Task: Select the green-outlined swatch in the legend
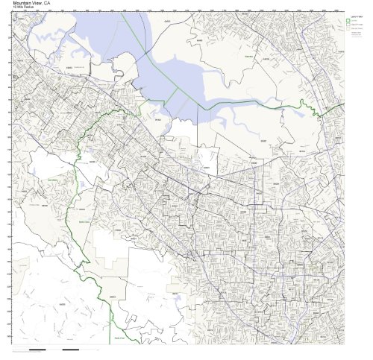pyautogui.click(x=349, y=21)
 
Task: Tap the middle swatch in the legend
pyautogui.click(x=349, y=27)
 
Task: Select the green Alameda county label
pyautogui.click(x=246, y=54)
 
